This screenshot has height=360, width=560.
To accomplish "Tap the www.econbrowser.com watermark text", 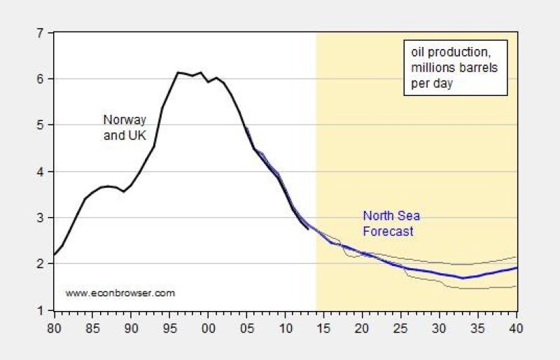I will pos(120,293).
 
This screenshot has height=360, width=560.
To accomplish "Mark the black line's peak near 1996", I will pos(178,72).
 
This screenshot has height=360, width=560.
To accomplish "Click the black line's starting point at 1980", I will pos(55,254).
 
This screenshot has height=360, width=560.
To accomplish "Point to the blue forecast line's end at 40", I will pos(517,268).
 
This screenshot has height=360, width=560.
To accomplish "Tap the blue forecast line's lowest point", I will pos(463,278).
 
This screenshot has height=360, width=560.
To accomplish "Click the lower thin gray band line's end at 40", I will pos(517,286).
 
